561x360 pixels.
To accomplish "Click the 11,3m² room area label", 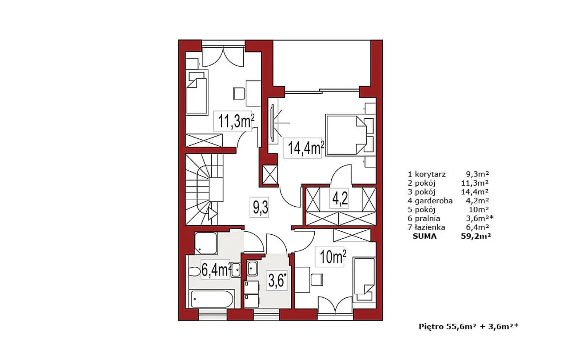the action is pyautogui.click(x=236, y=121).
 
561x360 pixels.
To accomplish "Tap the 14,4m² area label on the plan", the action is pyautogui.click(x=306, y=148).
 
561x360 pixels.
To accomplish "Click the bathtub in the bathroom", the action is pyautogui.click(x=212, y=299).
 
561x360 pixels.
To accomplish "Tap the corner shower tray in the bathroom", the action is pyautogui.click(x=206, y=243).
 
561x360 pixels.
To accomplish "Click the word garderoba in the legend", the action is pyautogui.click(x=433, y=201).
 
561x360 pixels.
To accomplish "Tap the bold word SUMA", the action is pyautogui.click(x=425, y=236).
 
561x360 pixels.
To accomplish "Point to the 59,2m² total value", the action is pyautogui.click(x=476, y=236).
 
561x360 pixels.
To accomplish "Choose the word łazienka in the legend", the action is pyautogui.click(x=430, y=227).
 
